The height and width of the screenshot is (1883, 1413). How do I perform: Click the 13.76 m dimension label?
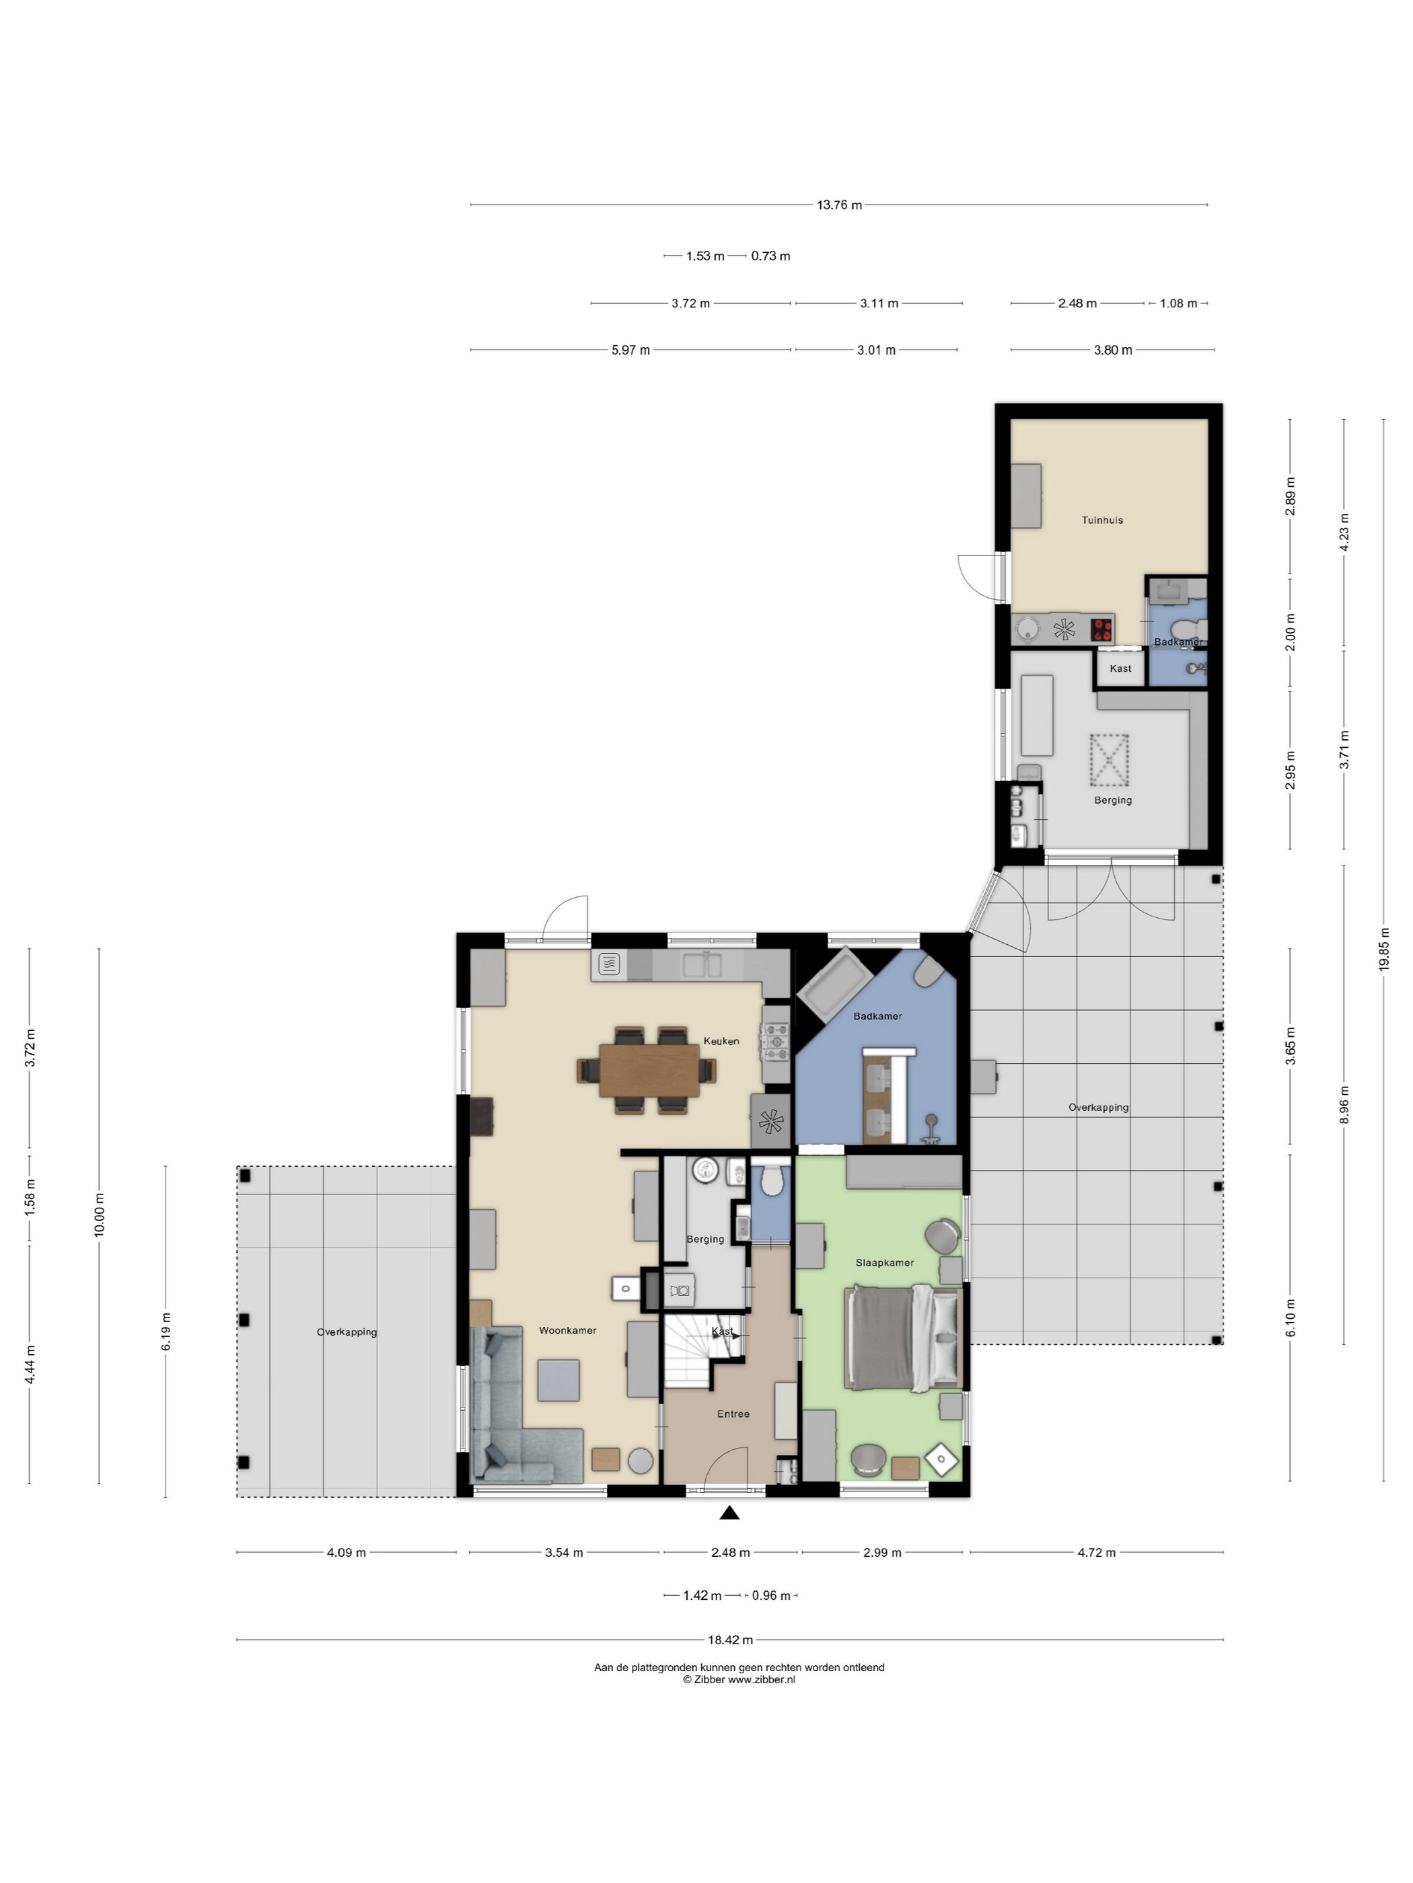(x=839, y=205)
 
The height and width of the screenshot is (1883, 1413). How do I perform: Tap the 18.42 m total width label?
(x=730, y=1640)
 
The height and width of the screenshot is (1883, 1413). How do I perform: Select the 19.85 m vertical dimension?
(x=1383, y=949)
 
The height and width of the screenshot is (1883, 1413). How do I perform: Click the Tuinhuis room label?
(x=1102, y=520)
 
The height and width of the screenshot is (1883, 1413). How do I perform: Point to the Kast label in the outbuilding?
(x=1120, y=668)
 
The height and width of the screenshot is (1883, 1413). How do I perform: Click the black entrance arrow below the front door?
(x=729, y=1512)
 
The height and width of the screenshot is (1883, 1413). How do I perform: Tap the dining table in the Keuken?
(x=649, y=1070)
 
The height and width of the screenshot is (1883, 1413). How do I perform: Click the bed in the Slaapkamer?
(x=903, y=1338)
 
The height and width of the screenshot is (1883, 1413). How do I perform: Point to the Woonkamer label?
(x=567, y=1330)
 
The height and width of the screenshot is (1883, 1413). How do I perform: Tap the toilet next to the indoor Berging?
(x=772, y=1179)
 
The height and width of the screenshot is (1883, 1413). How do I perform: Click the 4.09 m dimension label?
(x=346, y=1552)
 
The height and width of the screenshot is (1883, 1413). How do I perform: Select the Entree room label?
(x=733, y=1414)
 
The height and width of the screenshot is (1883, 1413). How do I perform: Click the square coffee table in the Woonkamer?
(x=558, y=1380)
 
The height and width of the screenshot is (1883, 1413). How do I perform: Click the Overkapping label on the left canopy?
(x=347, y=1332)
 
